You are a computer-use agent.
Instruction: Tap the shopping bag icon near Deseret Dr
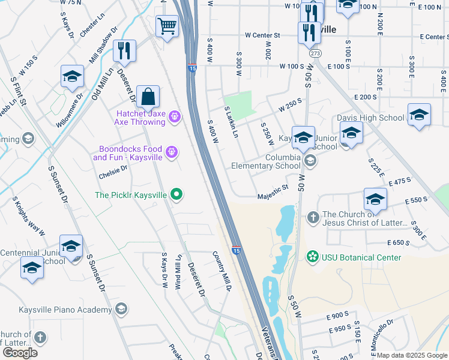pyautogui.click(x=148, y=97)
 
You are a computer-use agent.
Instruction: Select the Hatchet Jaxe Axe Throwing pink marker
pyautogui.click(x=174, y=116)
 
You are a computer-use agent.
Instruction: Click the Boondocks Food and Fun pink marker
pyautogui.click(x=172, y=152)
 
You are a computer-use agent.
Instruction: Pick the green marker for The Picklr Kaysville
pyautogui.click(x=176, y=194)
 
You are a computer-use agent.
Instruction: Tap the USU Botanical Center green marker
pyautogui.click(x=312, y=257)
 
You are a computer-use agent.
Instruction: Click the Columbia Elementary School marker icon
pyautogui.click(x=310, y=160)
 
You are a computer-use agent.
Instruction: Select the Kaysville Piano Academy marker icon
pyautogui.click(x=121, y=309)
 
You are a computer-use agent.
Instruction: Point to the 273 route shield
pyautogui.click(x=315, y=53)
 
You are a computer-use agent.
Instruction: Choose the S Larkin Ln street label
pyautogui.click(x=232, y=122)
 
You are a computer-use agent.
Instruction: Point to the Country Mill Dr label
pyautogui.click(x=222, y=271)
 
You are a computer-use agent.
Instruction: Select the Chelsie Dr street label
pyautogui.click(x=113, y=172)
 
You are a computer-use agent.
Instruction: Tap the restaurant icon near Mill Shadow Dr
pyautogui.click(x=124, y=52)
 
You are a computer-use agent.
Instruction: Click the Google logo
pyautogui.click(x=20, y=352)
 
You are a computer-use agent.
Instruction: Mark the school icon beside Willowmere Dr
pyautogui.click(x=72, y=77)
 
